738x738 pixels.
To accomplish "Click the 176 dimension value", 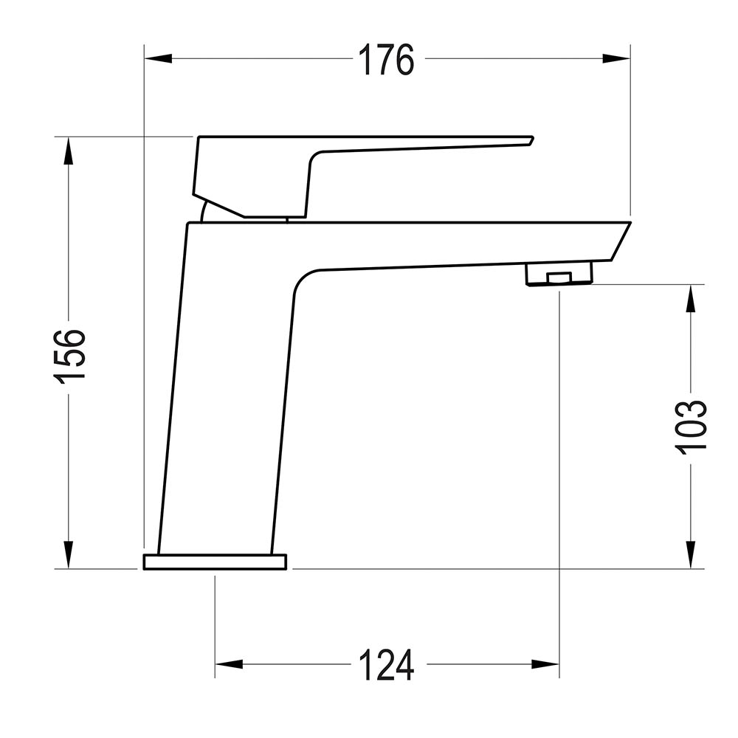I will click(x=386, y=60).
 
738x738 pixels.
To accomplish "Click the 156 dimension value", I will click(x=71, y=355).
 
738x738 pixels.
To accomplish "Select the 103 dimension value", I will click(x=692, y=427).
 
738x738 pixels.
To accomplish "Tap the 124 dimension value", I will click(x=386, y=665).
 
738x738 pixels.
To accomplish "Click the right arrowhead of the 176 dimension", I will click(x=616, y=58).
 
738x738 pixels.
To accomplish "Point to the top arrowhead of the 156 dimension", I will click(x=69, y=151).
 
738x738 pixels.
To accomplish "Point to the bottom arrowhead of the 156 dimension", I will click(x=69, y=554).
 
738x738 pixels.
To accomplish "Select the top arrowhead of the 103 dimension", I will click(x=691, y=299).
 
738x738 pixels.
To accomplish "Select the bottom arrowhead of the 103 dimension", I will click(x=691, y=554).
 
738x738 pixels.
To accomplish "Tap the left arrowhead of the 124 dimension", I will click(x=230, y=664).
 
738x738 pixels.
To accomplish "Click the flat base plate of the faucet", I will click(x=215, y=562).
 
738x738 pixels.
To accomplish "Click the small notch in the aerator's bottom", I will click(x=559, y=278).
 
